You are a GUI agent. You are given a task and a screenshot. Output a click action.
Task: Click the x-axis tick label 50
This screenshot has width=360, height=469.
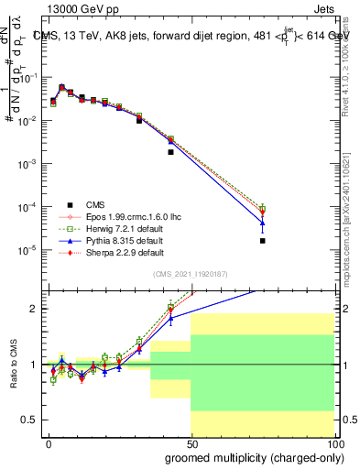pyautogui.click(x=191, y=442)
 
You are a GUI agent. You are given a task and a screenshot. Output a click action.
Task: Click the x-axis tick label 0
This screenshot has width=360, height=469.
pyautogui.click(x=49, y=442)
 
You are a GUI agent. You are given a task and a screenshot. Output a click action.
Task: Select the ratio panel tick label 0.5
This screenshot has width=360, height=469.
pyautogui.click(x=29, y=420)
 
